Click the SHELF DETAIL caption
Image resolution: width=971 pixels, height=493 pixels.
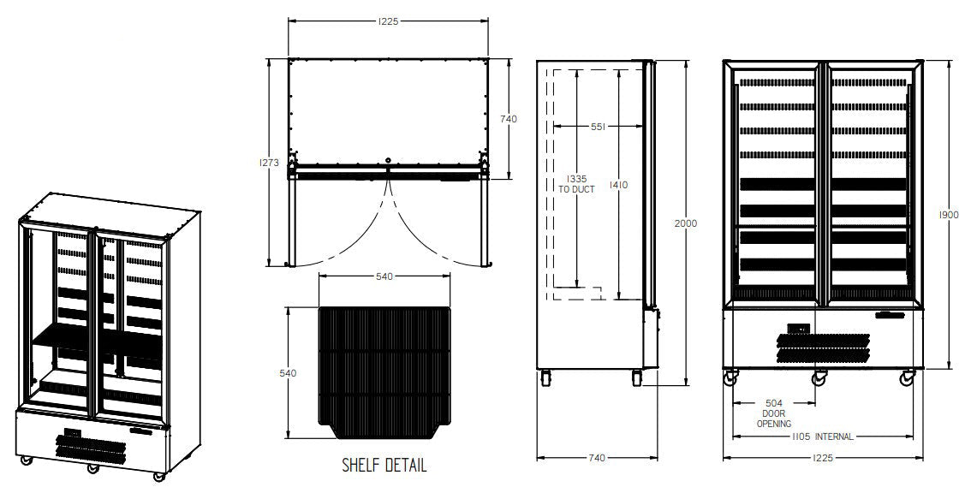pyautogui.click(x=384, y=465)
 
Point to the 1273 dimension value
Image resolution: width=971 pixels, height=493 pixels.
pyautogui.click(x=270, y=163)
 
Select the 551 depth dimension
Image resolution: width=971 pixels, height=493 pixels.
pyautogui.click(x=598, y=127)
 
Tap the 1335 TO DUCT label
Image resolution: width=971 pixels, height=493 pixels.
pyautogui.click(x=576, y=185)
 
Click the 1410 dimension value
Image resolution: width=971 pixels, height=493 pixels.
pyautogui.click(x=618, y=185)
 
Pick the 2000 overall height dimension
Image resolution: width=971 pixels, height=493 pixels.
pyautogui.click(x=686, y=223)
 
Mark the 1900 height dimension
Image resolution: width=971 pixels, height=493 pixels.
pyautogui.click(x=949, y=215)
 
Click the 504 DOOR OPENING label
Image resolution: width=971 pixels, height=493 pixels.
pyautogui.click(x=774, y=413)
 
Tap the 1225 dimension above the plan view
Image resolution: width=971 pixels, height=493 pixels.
pyautogui.click(x=388, y=21)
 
